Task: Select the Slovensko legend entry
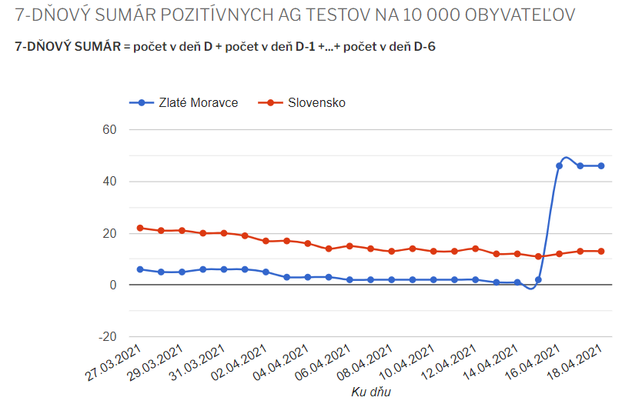(x=316, y=102)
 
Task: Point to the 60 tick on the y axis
(x=109, y=129)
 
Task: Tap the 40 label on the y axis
(x=109, y=182)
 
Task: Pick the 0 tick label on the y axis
(x=112, y=285)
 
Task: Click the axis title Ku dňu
(x=371, y=392)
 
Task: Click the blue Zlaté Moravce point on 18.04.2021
(x=600, y=165)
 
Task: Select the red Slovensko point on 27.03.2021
(x=140, y=228)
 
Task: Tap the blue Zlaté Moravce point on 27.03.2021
(x=140, y=269)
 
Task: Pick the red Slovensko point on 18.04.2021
(x=600, y=251)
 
